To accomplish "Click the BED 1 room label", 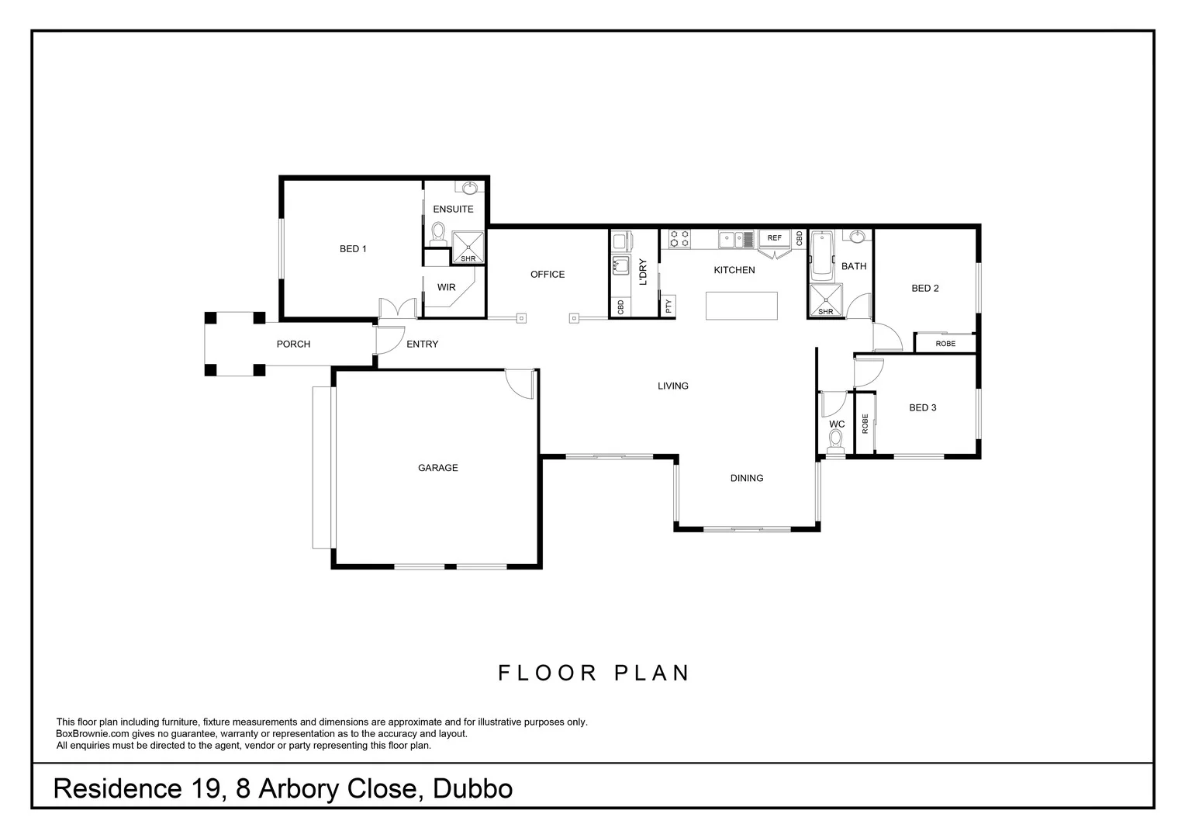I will [353, 249].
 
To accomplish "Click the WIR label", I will [446, 287].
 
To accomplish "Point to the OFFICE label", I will [548, 275].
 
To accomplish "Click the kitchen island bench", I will [741, 306].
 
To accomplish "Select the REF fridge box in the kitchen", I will [774, 237].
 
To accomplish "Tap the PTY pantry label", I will [669, 306].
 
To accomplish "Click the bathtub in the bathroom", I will [821, 255].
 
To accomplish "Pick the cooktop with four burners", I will [680, 238].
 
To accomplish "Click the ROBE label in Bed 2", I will [945, 344].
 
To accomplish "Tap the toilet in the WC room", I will [835, 442].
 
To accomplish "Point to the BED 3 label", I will [922, 408].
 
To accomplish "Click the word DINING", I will [747, 479].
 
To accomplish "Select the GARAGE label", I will [438, 468].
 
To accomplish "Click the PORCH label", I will [293, 344].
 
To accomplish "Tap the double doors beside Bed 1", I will [398, 308].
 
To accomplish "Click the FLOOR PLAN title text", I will [593, 673].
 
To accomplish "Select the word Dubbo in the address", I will [473, 789].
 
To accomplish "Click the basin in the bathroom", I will [858, 236].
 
